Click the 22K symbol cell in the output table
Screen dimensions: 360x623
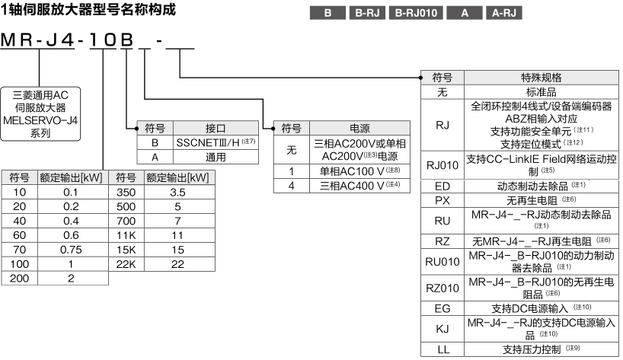coord(126,265)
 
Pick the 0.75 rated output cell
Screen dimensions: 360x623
coord(70,250)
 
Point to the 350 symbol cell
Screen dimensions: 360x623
coord(126,191)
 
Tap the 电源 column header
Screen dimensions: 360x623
coord(359,128)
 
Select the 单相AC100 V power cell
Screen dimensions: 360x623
coord(359,171)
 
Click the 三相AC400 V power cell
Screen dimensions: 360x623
coord(359,185)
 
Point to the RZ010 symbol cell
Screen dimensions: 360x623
coord(442,288)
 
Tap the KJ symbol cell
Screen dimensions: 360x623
coord(442,329)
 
